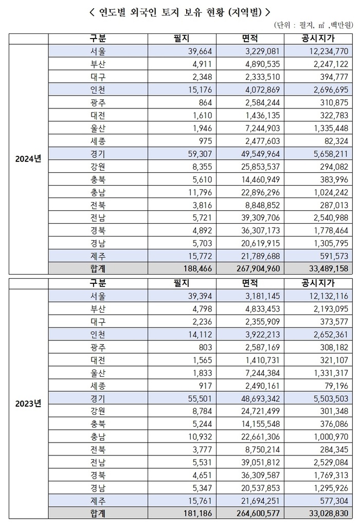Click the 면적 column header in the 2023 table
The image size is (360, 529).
click(x=249, y=283)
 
